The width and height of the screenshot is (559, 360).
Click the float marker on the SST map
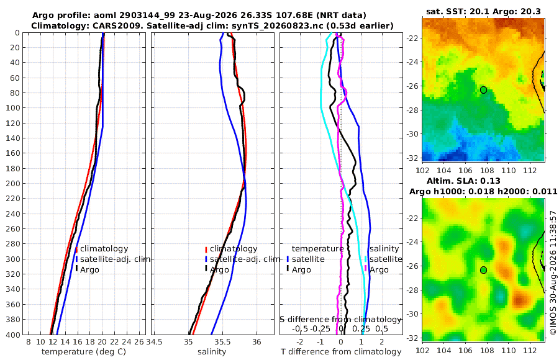coord(483,90)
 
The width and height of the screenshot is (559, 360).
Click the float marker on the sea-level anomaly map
coord(483,270)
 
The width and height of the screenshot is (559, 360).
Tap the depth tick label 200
coord(13,183)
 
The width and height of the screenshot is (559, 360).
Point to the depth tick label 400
coord(13,335)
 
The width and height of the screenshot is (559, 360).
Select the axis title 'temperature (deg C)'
coord(84,352)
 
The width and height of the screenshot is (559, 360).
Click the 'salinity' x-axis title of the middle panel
coord(212,352)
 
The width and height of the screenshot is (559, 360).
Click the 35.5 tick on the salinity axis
coord(223,342)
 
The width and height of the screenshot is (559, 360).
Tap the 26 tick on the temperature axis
coord(139,342)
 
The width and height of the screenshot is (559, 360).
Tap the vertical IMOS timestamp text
coord(553,272)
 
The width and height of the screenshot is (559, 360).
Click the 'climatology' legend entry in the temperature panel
coord(104,249)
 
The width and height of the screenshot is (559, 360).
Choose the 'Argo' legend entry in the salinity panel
coord(219,270)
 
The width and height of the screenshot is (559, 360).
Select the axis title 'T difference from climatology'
coord(341,352)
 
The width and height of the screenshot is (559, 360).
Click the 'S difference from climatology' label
coord(340,320)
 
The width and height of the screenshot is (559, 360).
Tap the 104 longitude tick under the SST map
coord(444,171)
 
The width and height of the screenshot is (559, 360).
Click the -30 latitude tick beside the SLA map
coord(413,313)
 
